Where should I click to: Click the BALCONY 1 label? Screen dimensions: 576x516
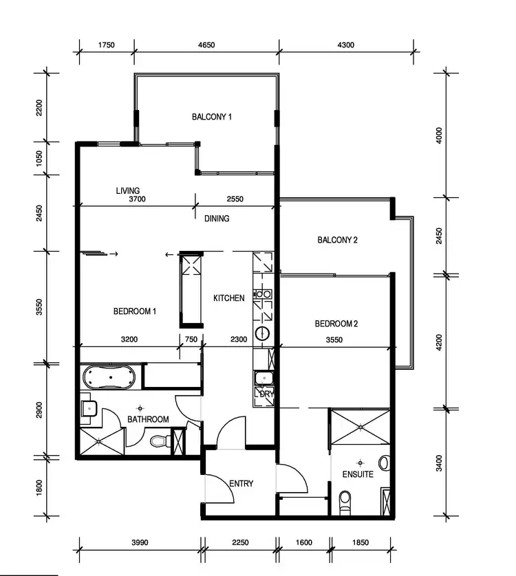click(211, 117)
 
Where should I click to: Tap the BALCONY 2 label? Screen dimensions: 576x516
click(337, 240)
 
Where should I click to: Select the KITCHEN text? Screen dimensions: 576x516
click(228, 298)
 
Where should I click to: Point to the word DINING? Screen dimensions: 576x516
click(216, 219)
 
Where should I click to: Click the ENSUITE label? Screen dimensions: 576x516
click(358, 474)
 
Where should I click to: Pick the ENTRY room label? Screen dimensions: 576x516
click(241, 484)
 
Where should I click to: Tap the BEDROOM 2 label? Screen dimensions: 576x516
click(336, 324)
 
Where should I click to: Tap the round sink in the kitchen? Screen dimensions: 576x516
click(263, 335)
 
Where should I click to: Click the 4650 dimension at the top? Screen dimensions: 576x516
click(206, 45)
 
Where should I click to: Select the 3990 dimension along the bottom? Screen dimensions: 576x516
click(140, 542)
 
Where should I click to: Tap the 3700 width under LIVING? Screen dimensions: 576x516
click(138, 200)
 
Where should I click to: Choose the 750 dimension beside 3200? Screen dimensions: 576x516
click(191, 339)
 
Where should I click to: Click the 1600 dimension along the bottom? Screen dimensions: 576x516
click(303, 542)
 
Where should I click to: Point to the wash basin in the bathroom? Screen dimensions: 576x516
click(87, 409)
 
